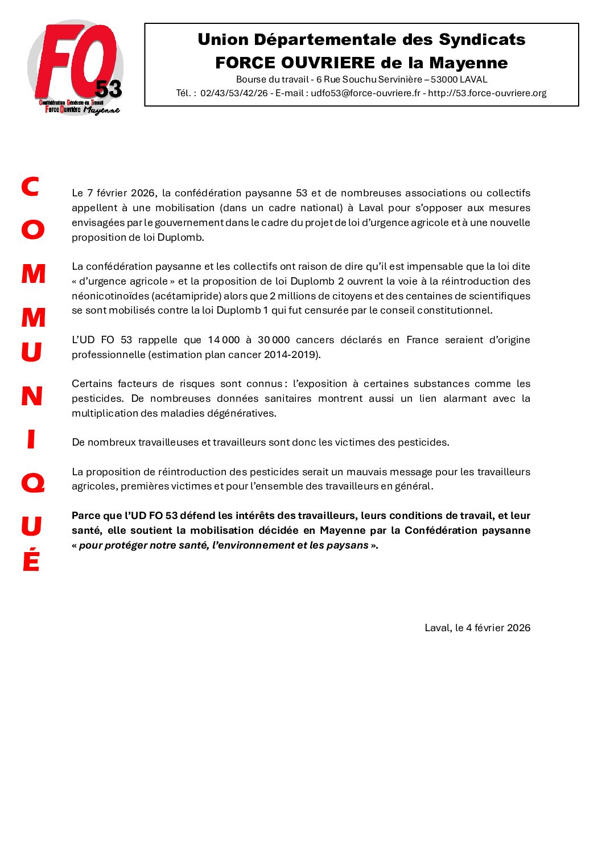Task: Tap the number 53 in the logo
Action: pyautogui.click(x=108, y=89)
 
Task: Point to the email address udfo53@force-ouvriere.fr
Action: pyautogui.click(x=365, y=93)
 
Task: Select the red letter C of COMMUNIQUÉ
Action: pyautogui.click(x=30, y=187)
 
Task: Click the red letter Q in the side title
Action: pyautogui.click(x=32, y=484)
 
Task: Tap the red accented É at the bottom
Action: pyautogui.click(x=31, y=560)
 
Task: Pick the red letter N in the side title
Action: pyautogui.click(x=32, y=396)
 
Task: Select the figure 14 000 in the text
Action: pyautogui.click(x=224, y=340)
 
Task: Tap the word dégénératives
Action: pyautogui.click(x=243, y=414)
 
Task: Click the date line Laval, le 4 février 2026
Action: pyautogui.click(x=477, y=628)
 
